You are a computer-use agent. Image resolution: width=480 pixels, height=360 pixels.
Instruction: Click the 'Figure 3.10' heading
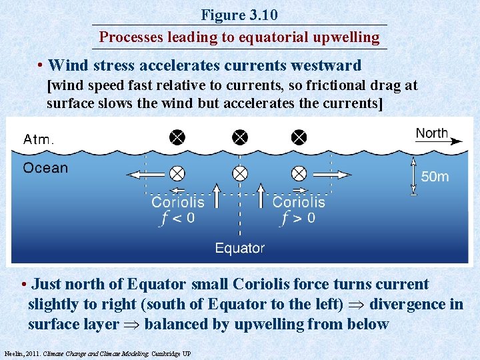239,15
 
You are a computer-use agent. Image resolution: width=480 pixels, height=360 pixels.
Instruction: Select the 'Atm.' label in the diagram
39,139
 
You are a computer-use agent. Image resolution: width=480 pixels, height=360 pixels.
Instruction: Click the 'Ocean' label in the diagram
45,167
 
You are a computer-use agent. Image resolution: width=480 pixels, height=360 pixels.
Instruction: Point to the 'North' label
432,132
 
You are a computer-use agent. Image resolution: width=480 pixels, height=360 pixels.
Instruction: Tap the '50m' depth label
435,176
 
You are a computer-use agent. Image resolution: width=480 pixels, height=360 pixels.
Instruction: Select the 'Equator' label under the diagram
239,248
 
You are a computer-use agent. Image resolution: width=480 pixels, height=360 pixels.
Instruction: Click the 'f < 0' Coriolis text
177,218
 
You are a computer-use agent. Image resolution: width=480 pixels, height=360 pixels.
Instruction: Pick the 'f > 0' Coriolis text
299,218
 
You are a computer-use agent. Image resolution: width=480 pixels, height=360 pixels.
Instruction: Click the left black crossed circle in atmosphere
177,137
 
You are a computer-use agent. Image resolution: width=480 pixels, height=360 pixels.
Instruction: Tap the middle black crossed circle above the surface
239,137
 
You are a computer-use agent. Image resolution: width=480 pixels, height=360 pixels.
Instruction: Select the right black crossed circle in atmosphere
299,137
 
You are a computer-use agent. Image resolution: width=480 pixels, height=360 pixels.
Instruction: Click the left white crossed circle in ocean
177,174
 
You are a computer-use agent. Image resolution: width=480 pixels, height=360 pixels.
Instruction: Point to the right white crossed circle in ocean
299,174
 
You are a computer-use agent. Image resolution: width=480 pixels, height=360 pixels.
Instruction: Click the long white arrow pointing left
147,175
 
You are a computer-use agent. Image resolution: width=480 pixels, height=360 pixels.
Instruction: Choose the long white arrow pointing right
330,175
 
